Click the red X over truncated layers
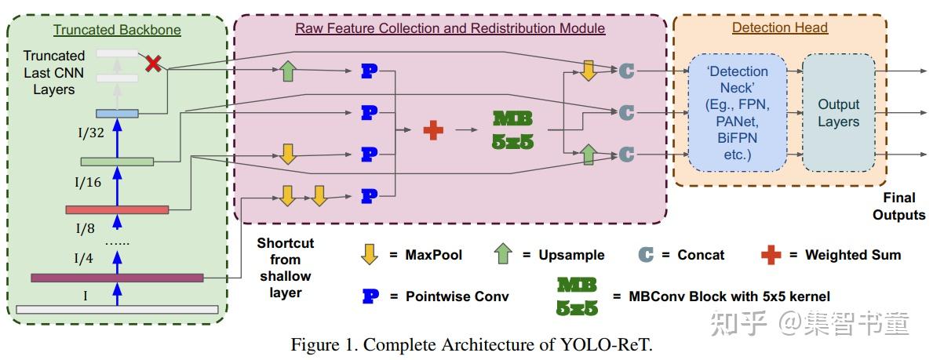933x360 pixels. (x=154, y=64)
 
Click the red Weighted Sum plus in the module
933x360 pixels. (x=432, y=130)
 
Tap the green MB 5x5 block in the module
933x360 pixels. (x=512, y=130)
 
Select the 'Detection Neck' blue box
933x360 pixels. (x=737, y=112)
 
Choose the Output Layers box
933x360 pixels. (x=838, y=113)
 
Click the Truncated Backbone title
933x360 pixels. (x=117, y=31)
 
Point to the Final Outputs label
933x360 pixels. (x=899, y=206)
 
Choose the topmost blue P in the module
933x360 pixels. (x=368, y=71)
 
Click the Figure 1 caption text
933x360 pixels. (x=470, y=345)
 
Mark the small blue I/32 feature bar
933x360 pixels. (x=117, y=114)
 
